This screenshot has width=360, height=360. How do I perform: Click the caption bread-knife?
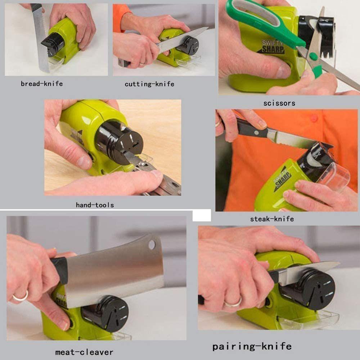tap(42, 84)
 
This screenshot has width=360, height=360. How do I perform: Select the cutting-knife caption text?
tap(149, 84)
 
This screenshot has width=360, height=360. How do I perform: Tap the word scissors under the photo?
tap(279, 103)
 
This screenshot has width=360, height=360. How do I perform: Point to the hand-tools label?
tap(95, 205)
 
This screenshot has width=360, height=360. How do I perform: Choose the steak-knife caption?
tap(272, 219)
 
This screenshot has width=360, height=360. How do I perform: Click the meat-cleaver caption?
tap(84, 352)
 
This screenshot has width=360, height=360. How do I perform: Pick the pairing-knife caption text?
tap(252, 347)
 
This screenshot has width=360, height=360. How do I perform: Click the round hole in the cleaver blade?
tap(152, 245)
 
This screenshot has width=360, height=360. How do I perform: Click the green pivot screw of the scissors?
tap(313, 57)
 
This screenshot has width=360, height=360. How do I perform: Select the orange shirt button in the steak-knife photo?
tap(314, 118)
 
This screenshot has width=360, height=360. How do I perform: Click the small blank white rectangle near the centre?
tap(202, 216)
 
